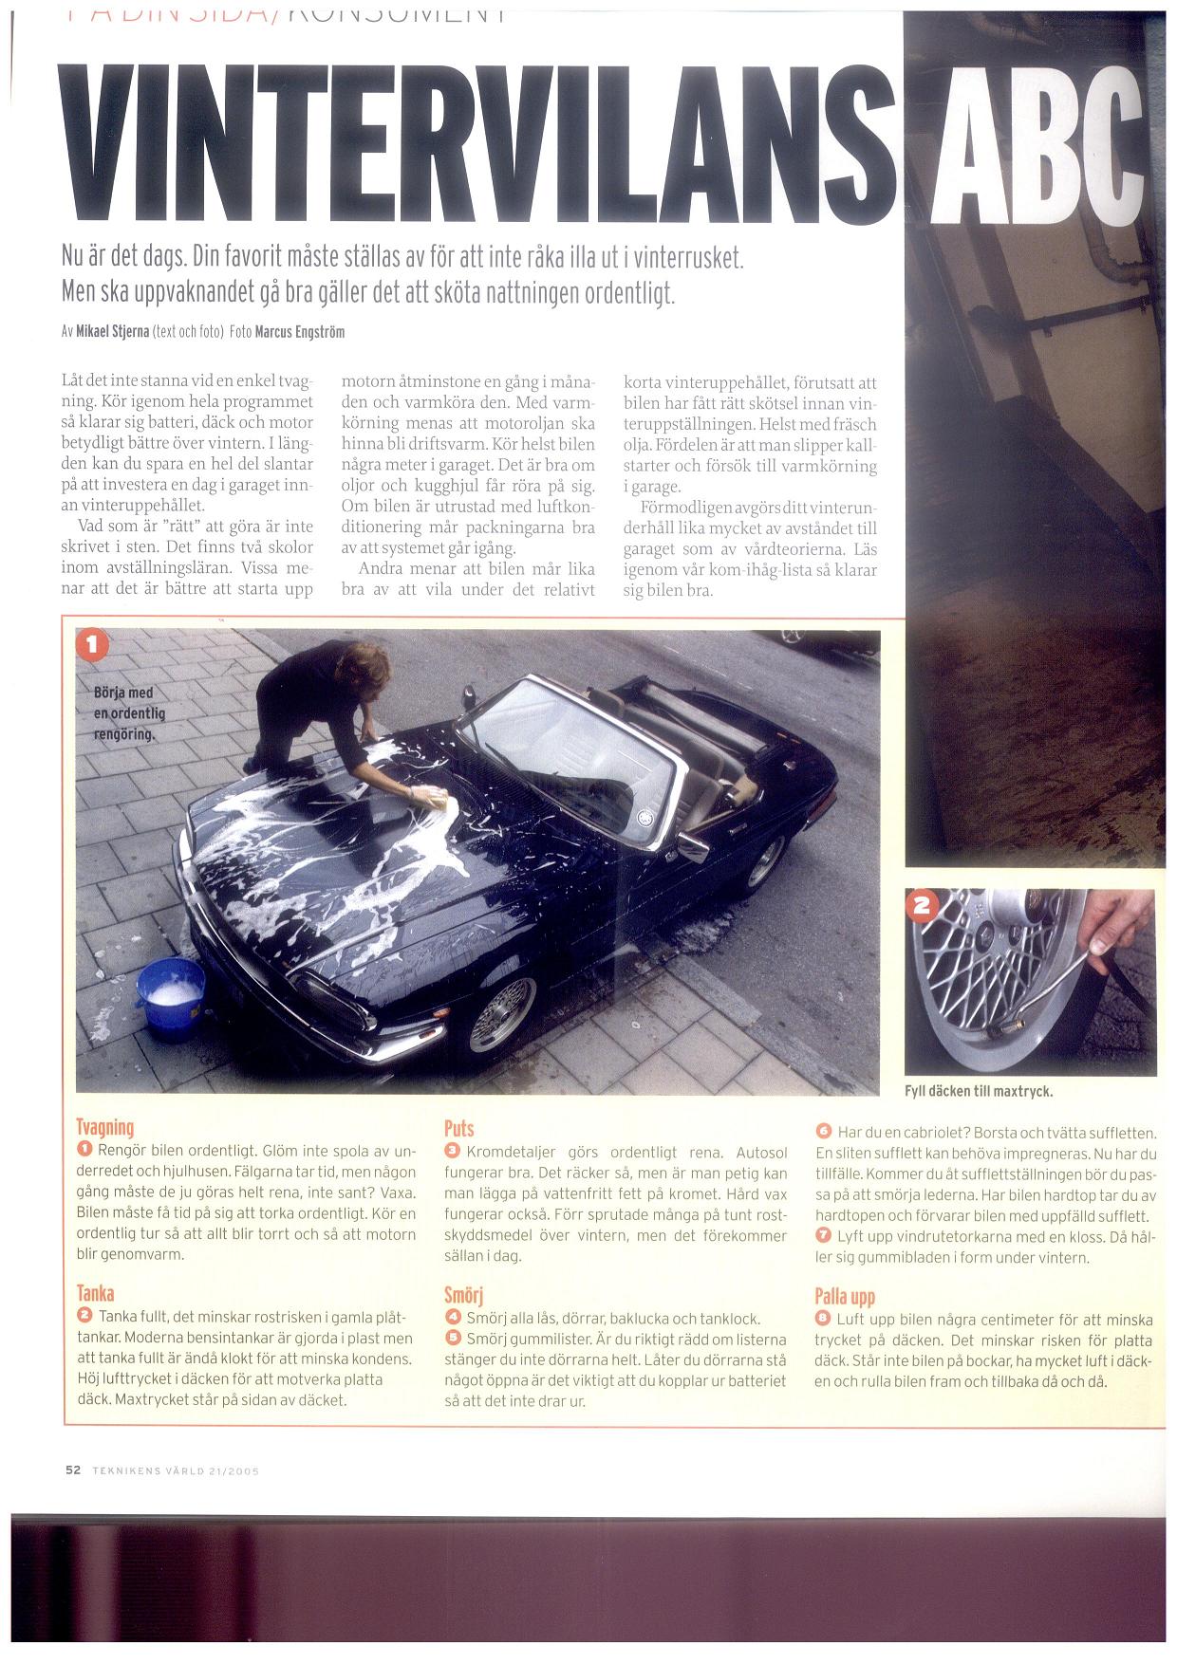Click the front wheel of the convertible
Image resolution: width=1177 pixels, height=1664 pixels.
point(503,1014)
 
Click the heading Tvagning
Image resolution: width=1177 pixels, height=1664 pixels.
point(104,1127)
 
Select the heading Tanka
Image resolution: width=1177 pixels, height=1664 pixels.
point(95,1293)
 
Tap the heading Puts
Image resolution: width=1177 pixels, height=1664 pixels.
point(458,1128)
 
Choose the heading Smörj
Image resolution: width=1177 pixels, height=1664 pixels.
point(463,1296)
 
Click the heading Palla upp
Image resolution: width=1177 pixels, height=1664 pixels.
point(845,1297)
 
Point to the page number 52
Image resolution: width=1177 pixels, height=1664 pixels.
point(73,1470)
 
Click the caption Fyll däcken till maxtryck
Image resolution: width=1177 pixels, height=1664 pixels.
point(979,1091)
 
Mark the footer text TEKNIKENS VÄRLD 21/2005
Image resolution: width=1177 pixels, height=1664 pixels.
point(176,1471)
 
